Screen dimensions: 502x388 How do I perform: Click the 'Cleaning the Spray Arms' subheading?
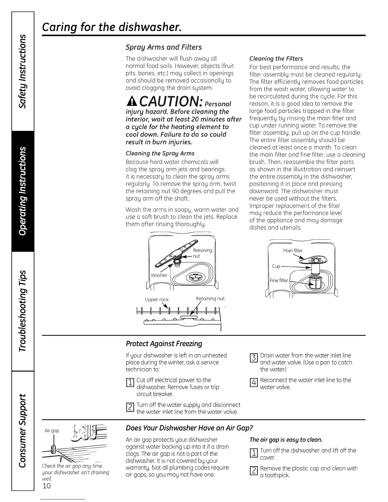pyautogui.click(x=160, y=153)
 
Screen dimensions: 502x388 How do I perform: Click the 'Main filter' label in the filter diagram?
pyautogui.click(x=293, y=251)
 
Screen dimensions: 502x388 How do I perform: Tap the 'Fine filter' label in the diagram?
pyautogui.click(x=279, y=280)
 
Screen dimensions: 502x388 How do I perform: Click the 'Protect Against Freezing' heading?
pyautogui.click(x=164, y=344)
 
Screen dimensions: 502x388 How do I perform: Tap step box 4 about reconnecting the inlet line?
pyautogui.click(x=253, y=383)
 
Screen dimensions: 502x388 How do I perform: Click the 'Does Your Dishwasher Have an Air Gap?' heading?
pyautogui.click(x=189, y=428)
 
